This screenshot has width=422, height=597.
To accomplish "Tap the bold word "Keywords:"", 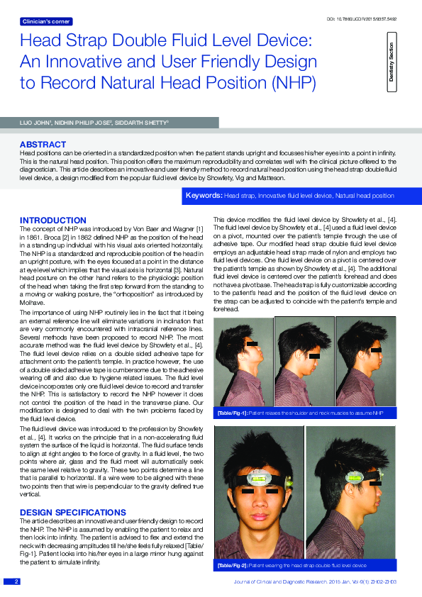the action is click(204, 194).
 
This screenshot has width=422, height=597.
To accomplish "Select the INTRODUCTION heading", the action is click(52, 221).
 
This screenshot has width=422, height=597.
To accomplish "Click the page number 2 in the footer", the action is click(16, 581).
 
